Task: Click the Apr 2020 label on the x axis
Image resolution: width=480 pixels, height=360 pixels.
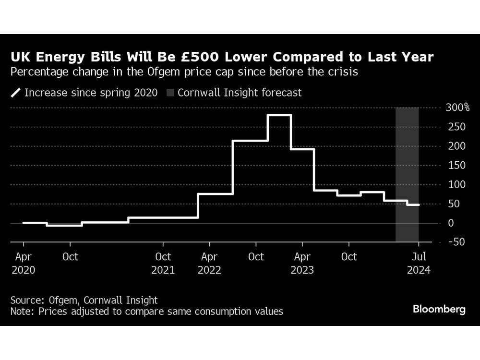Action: coord(23,264)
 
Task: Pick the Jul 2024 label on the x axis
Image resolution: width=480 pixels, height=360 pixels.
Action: coord(419,264)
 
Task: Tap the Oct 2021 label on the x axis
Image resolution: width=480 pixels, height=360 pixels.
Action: coord(163,264)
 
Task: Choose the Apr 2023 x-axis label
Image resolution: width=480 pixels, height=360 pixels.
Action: coord(302,264)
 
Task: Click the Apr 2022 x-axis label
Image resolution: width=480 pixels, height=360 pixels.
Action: coord(209,264)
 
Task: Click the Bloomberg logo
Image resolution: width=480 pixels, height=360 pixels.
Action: coord(439,309)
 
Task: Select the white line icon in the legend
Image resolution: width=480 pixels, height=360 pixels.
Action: coord(16,93)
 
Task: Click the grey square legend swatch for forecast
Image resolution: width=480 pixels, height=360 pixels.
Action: coord(170,93)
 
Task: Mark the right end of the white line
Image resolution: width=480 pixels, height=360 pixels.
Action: coord(419,205)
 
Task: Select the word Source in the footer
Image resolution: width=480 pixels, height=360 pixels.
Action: coord(28,300)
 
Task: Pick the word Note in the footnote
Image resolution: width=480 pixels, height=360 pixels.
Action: coord(22,312)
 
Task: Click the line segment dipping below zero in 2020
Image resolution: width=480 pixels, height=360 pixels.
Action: coord(64,225)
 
